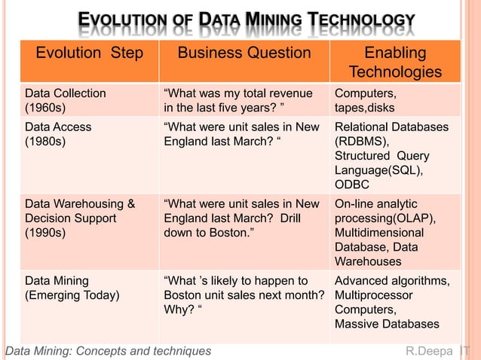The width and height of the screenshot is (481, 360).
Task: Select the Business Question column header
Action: click(244, 53)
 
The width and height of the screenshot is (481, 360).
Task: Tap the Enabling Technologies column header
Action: click(395, 62)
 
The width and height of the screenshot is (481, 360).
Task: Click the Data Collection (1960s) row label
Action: click(66, 100)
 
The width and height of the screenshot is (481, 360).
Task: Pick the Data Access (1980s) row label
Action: click(58, 134)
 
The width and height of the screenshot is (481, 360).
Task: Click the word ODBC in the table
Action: click(352, 185)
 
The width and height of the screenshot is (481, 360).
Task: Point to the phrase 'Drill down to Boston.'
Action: click(242, 226)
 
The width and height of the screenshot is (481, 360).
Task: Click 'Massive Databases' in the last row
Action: click(387, 324)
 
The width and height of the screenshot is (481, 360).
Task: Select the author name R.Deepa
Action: click(430, 351)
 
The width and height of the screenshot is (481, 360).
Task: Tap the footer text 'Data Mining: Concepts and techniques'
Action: click(109, 351)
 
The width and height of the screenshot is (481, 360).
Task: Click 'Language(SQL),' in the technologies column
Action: click(378, 170)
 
